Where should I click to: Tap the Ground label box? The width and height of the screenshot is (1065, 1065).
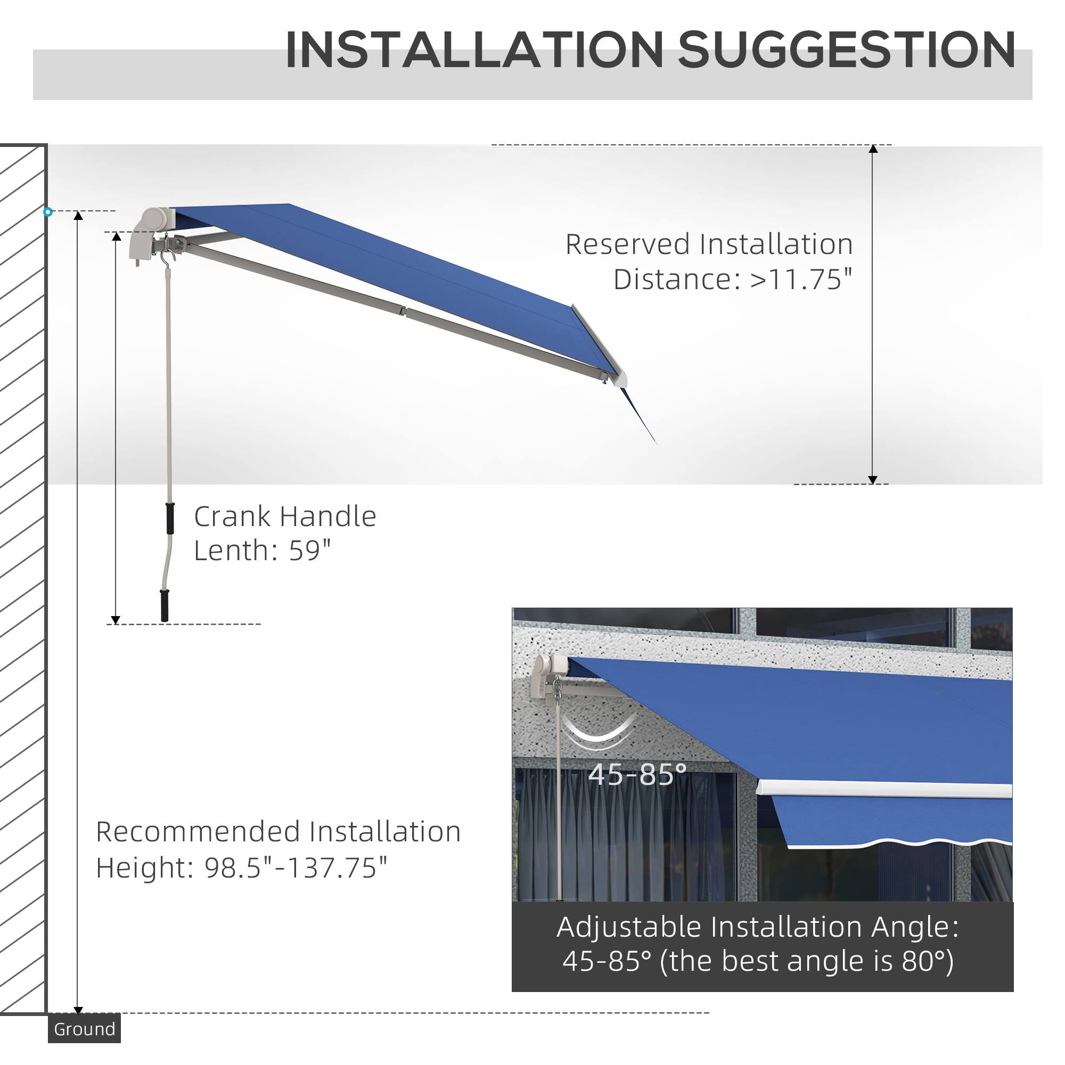pos(84,1029)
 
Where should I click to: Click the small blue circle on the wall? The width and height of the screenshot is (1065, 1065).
pos(48,212)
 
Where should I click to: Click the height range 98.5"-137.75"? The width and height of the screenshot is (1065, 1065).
pos(296,867)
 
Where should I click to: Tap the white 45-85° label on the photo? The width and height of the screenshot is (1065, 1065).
pos(637,774)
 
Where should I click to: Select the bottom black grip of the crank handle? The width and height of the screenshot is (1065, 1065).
pos(164,605)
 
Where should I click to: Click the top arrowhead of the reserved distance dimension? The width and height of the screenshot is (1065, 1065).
pos(873,149)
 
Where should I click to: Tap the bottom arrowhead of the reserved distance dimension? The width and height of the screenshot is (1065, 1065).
pos(873,480)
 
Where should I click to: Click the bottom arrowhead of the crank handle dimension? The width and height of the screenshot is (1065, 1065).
pos(116,620)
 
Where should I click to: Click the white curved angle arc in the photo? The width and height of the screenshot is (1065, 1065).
pos(600,734)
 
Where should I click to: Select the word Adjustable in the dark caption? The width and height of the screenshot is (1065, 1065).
pos(629,927)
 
